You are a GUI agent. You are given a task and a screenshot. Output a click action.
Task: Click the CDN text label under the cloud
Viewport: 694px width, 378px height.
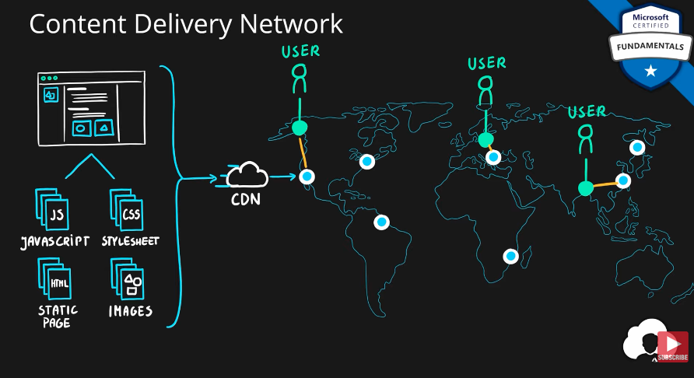pyautogui.click(x=246, y=199)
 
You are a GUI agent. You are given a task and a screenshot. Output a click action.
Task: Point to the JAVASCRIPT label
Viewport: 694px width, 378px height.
pyautogui.click(x=54, y=241)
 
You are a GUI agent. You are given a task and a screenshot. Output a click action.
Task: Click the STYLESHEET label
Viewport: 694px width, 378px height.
pyautogui.click(x=131, y=241)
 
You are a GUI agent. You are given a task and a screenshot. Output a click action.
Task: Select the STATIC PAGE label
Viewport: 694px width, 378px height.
pyautogui.click(x=58, y=316)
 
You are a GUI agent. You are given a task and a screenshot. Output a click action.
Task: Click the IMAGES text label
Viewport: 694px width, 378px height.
pyautogui.click(x=130, y=312)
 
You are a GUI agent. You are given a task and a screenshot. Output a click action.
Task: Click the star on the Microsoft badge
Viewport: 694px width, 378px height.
pyautogui.click(x=650, y=72)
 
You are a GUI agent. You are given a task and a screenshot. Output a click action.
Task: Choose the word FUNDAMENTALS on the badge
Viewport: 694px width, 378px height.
pyautogui.click(x=650, y=47)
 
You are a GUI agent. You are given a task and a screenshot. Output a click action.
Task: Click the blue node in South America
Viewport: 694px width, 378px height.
pyautogui.click(x=381, y=222)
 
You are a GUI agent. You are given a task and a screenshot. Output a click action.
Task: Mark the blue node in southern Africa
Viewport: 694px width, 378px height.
pyautogui.click(x=510, y=255)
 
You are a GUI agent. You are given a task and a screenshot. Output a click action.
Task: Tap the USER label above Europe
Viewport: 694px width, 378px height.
pyautogui.click(x=487, y=63)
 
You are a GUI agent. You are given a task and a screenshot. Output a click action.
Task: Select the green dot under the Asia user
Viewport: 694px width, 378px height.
pyautogui.click(x=586, y=187)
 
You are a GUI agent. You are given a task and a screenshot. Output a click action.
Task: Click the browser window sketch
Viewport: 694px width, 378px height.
pyautogui.click(x=91, y=108)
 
